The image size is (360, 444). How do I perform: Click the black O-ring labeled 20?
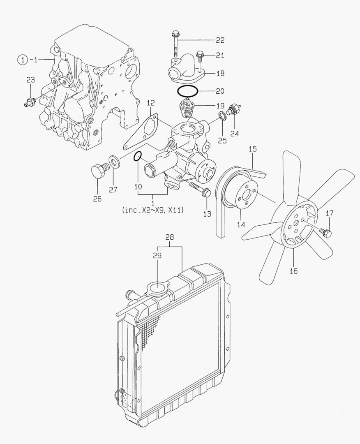pyautogui.click(x=188, y=90)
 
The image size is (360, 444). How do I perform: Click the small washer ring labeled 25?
pyautogui.click(x=222, y=116)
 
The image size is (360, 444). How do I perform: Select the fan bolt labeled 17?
pyautogui.click(x=327, y=234)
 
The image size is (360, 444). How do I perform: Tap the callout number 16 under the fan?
pyautogui.click(x=294, y=271)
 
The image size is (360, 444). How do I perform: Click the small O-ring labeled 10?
pyautogui.click(x=138, y=156)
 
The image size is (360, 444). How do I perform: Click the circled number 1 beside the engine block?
pyautogui.click(x=23, y=60)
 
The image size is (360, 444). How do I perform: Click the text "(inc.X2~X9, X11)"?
pyautogui.click(x=153, y=210)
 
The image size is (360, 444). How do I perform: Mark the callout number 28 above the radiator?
pyautogui.click(x=170, y=238)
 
